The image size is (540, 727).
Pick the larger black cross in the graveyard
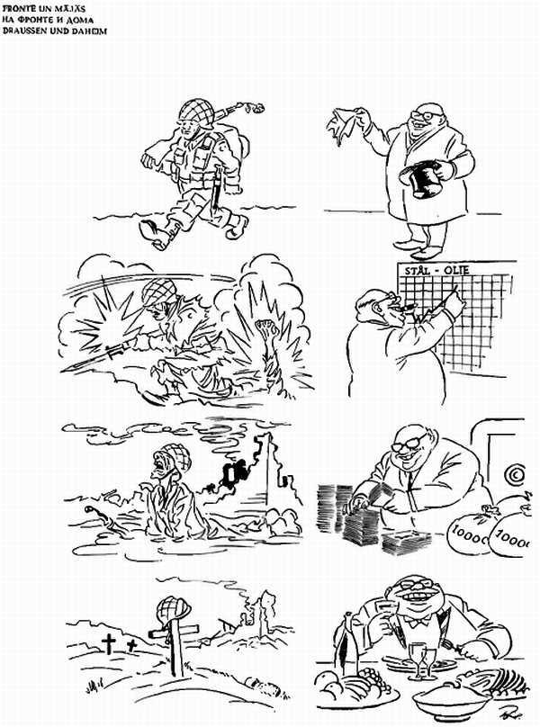[x=109, y=642]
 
